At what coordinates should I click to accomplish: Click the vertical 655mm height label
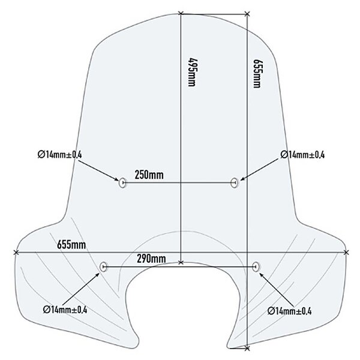(257, 73)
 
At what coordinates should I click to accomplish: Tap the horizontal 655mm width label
(71, 245)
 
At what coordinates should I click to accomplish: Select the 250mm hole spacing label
(150, 175)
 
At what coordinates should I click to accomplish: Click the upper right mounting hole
(236, 182)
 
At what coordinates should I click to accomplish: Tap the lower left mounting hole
(103, 266)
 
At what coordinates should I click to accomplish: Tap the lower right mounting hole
(257, 266)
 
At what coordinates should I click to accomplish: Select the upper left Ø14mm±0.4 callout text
(59, 155)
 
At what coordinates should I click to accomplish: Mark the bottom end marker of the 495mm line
(181, 262)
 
